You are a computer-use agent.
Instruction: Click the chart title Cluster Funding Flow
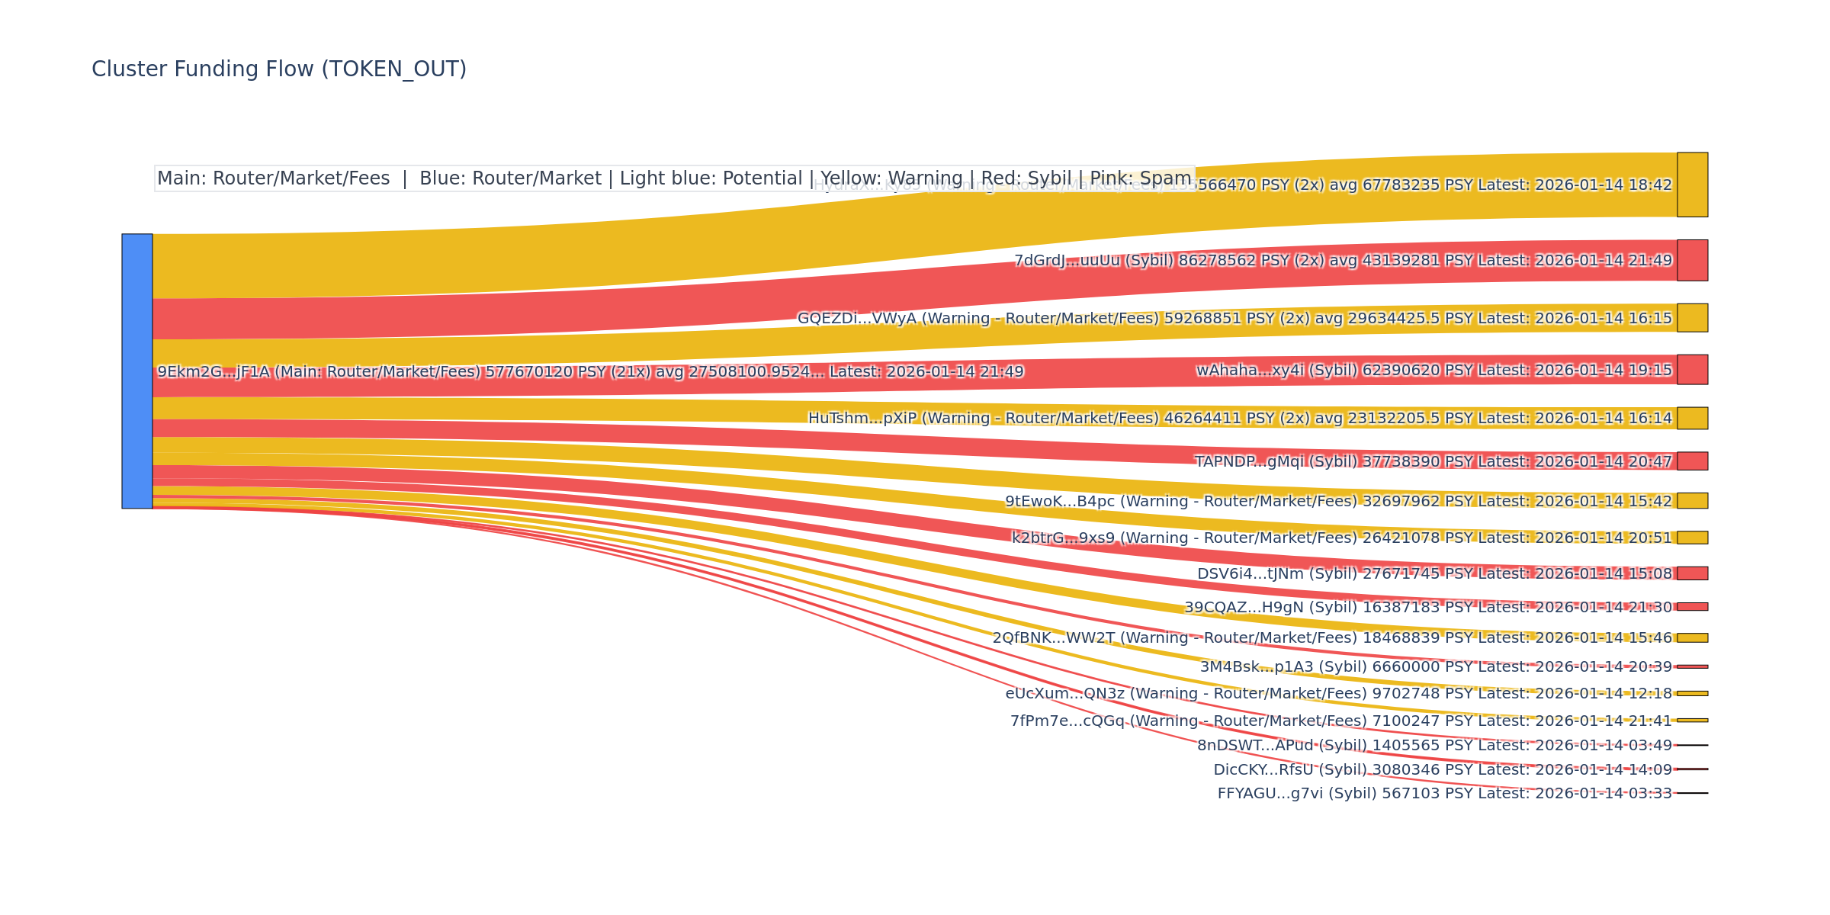pos(278,69)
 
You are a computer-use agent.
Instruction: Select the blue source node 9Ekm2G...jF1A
pos(137,371)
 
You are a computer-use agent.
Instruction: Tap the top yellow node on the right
pos(1692,185)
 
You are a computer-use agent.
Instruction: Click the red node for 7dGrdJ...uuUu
pos(1692,260)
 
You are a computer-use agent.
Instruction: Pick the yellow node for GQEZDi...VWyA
pos(1692,317)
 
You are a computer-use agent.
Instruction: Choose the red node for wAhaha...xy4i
pos(1692,369)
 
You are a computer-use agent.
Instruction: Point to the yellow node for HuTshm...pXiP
pos(1692,418)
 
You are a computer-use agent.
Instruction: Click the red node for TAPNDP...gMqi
pos(1692,461)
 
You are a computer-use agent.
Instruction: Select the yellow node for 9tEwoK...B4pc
pos(1692,500)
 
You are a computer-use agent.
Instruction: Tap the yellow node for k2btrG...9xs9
pos(1692,538)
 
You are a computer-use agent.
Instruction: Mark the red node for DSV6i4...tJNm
pos(1692,573)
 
